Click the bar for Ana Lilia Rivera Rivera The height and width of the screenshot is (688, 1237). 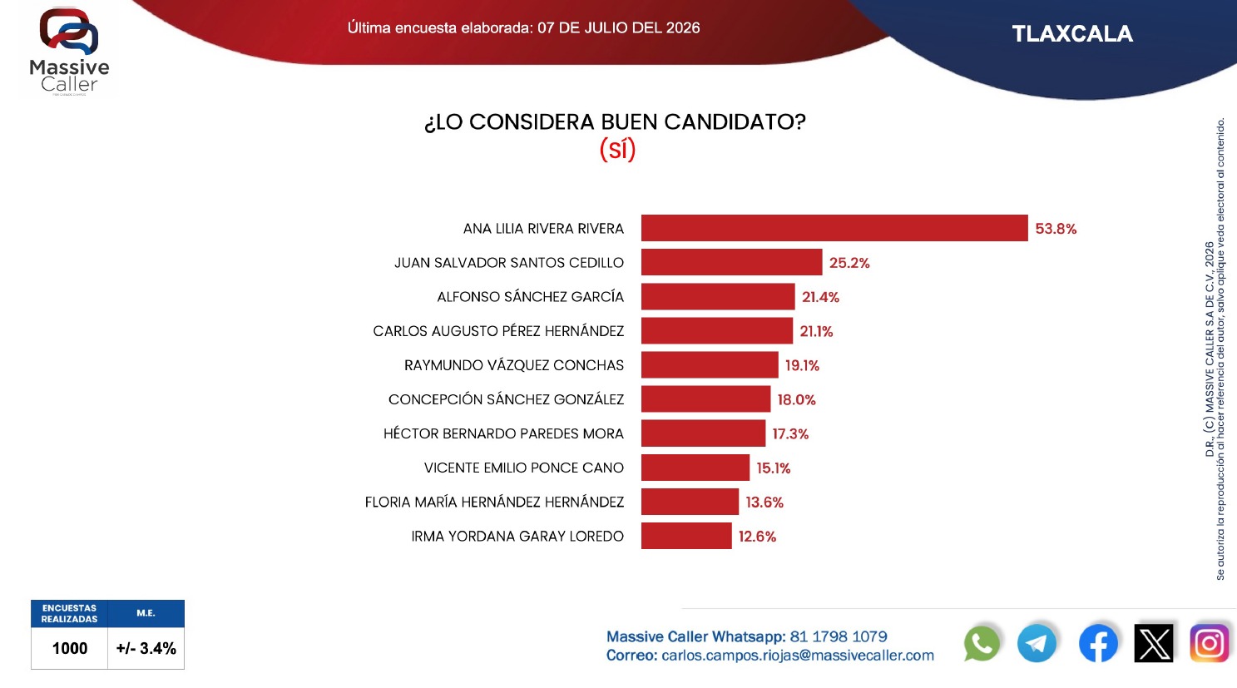[834, 228]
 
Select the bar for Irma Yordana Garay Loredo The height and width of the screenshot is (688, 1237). [686, 536]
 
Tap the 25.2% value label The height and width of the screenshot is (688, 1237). [849, 263]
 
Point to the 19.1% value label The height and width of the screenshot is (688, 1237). [803, 365]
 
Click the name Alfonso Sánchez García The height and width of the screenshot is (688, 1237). [531, 296]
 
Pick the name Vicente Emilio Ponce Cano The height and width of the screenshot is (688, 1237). [524, 468]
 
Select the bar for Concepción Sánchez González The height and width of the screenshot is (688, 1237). [705, 398]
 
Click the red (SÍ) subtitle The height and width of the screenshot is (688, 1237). [617, 149]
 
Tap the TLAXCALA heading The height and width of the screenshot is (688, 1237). [1072, 33]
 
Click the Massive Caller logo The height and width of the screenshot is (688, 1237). [69, 52]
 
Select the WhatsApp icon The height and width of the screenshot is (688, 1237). [982, 643]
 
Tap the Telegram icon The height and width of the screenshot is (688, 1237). [1037, 643]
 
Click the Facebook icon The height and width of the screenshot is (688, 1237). [1098, 643]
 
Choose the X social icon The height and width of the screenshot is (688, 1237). [1154, 643]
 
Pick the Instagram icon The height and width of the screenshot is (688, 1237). [1210, 643]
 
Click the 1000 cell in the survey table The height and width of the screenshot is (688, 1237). [70, 648]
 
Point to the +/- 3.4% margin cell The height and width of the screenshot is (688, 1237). [146, 648]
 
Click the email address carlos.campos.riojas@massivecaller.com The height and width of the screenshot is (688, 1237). [798, 656]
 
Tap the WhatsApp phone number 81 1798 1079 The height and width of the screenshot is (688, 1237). [839, 636]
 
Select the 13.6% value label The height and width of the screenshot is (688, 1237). [764, 502]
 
